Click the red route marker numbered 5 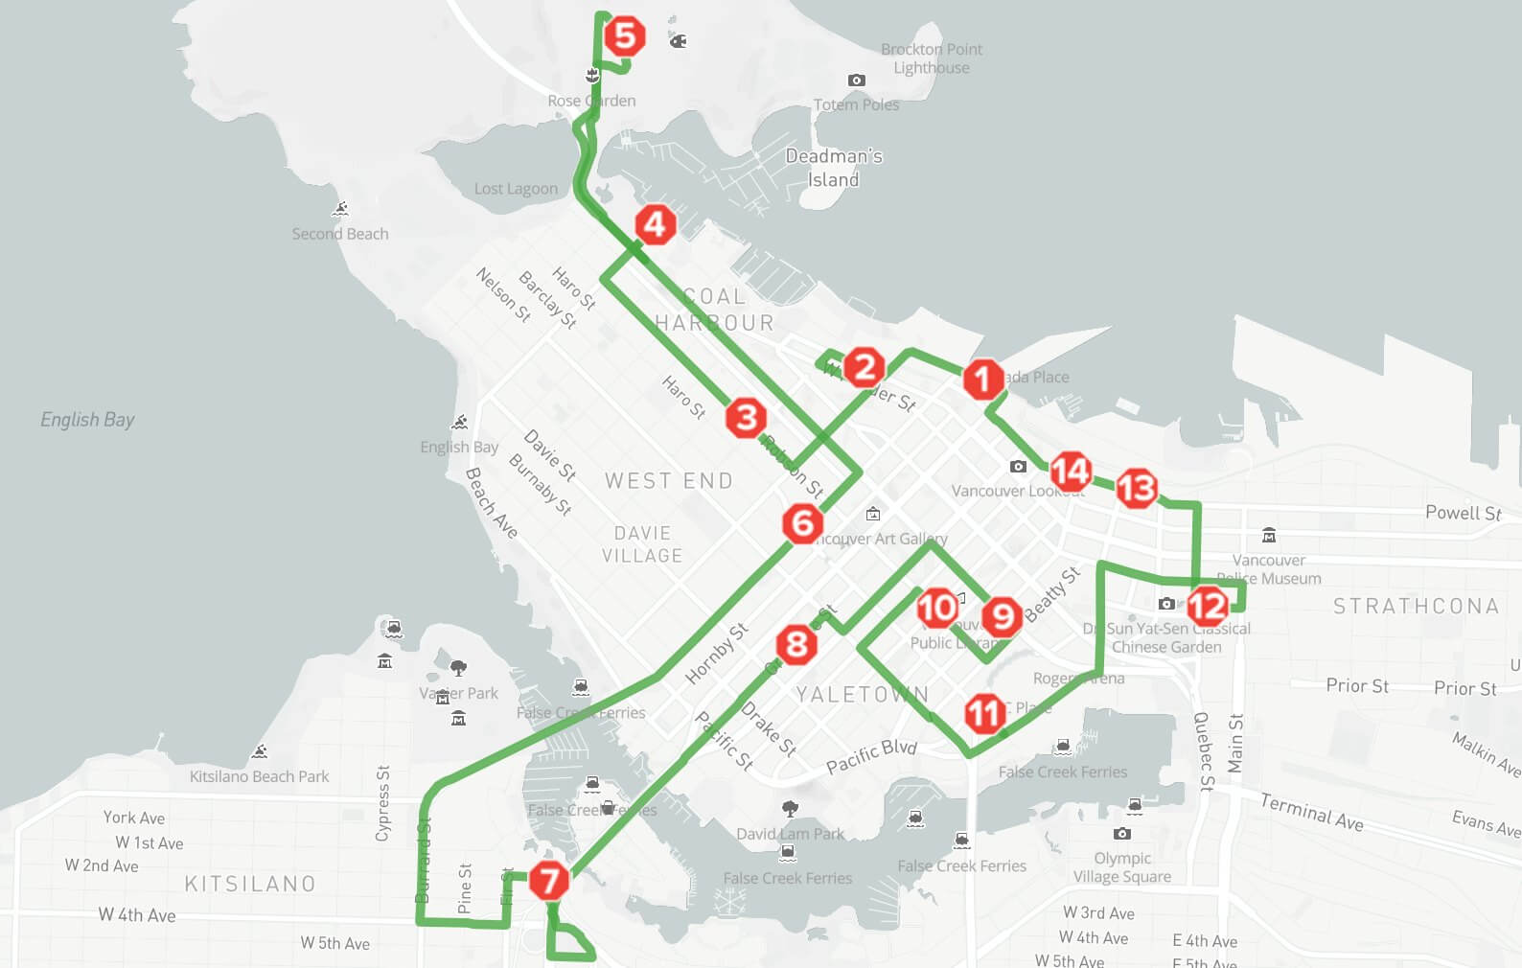tap(624, 36)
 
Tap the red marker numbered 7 tap(549, 881)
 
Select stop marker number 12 tap(1207, 606)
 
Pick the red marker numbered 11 tap(984, 713)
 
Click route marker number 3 tap(746, 418)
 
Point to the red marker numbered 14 tap(1071, 471)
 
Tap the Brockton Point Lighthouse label tap(931, 58)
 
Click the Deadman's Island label tap(833, 168)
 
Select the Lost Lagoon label tap(516, 189)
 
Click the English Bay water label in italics tap(87, 420)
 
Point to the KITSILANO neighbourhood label tap(250, 884)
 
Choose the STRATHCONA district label tap(1416, 606)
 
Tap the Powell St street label tap(1463, 513)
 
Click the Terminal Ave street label tap(1311, 812)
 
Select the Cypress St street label tap(383, 803)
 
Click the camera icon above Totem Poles tap(857, 81)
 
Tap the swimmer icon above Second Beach tap(340, 209)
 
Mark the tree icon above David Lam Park tap(790, 809)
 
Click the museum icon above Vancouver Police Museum tap(1269, 535)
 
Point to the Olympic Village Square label tap(1121, 867)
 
